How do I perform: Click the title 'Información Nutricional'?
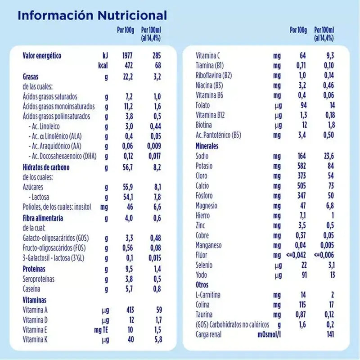pos(92,16)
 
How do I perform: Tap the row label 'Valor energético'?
pos(42,56)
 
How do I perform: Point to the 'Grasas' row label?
pos(31,76)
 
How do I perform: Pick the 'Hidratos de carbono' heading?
pos(46,167)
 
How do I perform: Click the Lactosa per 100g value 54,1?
pos(128,197)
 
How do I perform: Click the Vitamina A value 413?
pos(129,310)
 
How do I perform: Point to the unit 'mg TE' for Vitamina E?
pos(101,329)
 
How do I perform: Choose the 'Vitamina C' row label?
pos(208,56)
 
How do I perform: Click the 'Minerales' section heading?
pos(207,146)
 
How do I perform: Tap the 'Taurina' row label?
pos(204,315)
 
